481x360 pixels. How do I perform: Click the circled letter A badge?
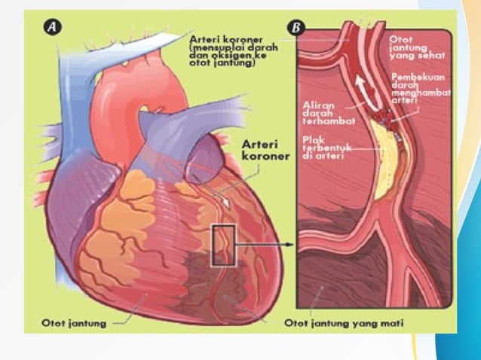52,27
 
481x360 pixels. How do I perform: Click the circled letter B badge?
296,28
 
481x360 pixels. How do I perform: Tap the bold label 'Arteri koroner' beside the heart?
265,150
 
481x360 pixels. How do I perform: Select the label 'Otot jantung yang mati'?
344,323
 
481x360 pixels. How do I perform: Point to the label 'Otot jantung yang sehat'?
417,47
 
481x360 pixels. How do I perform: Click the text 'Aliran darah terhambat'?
329,113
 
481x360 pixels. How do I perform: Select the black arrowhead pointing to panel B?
288,245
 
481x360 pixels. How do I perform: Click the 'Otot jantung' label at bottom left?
74,323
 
